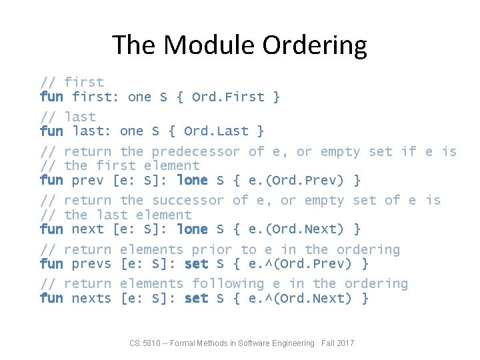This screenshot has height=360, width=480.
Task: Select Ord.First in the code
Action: pos(228,97)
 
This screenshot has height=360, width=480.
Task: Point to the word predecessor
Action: pos(195,152)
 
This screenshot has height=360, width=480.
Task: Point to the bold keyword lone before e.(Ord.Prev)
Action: pos(192,180)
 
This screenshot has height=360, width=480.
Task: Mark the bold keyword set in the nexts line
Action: pos(196,298)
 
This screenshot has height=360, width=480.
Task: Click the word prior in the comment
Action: pos(212,250)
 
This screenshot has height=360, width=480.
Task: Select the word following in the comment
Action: pos(228,284)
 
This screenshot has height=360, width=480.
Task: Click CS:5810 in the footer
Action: pos(145,343)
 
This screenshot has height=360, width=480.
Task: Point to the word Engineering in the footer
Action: pos(292,343)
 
